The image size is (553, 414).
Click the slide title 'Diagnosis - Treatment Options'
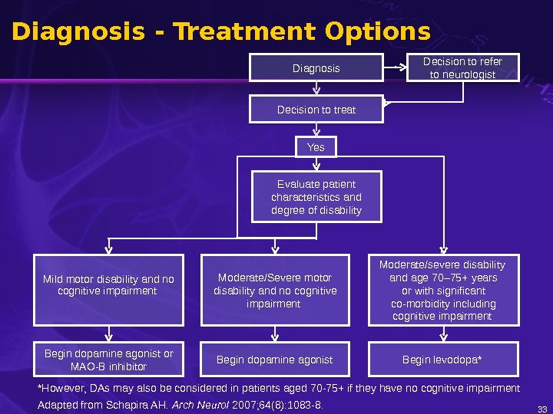pos(221,32)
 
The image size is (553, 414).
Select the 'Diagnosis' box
pos(316,68)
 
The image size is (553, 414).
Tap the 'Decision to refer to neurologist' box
pos(462,67)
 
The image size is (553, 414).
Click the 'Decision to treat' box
pos(316,110)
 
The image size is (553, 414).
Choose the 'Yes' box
pos(316,147)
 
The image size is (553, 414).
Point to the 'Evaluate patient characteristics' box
pos(316,197)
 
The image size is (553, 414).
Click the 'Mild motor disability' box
pos(108,290)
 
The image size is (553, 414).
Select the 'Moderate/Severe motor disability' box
pos(275,290)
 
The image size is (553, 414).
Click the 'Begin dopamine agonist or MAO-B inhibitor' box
pos(108,360)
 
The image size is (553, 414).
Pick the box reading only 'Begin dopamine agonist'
pos(275,360)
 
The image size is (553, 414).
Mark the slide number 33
pos(542,408)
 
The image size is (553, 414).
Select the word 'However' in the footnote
pos(62,388)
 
